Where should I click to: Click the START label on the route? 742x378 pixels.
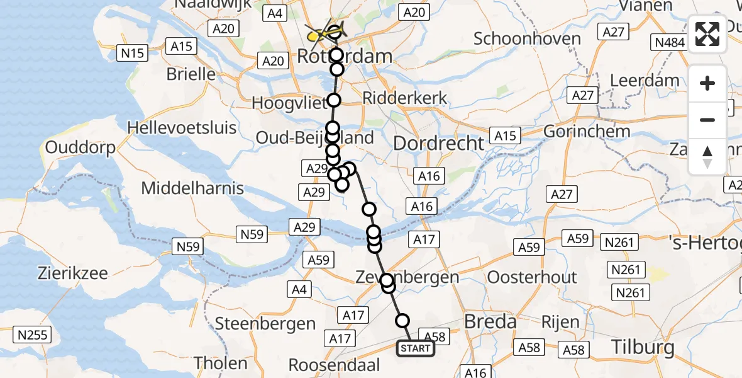pos(416,348)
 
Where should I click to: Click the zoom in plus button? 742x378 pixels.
pos(707,84)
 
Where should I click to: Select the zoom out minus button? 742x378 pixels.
pos(707,120)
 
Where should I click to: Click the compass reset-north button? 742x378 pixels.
pos(707,156)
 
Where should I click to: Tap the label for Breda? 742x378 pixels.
pos(490,322)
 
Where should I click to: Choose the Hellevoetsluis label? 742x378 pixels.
pos(182,128)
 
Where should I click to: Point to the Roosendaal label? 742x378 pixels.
pos(335,365)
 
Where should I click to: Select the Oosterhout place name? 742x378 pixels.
pos(532,277)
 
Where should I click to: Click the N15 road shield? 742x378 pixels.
pos(133,53)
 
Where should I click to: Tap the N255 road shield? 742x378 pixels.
pos(33,335)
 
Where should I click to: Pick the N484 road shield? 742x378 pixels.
pos(669,42)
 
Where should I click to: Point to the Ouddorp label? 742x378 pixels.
pos(80,149)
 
